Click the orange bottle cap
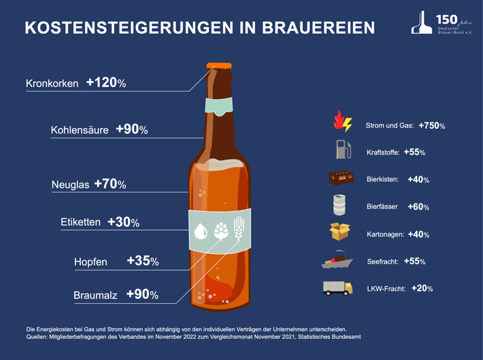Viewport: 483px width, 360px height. click(219, 65)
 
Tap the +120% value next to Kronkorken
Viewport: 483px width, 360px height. click(106, 83)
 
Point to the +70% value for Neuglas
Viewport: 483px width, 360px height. click(110, 184)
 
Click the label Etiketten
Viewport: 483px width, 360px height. click(80, 222)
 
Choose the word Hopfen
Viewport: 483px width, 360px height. click(91, 262)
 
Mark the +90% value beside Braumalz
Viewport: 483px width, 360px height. click(142, 295)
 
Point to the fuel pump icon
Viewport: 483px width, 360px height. click(342, 150)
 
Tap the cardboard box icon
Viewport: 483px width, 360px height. click(340, 232)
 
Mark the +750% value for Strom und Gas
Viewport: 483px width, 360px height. click(432, 126)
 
